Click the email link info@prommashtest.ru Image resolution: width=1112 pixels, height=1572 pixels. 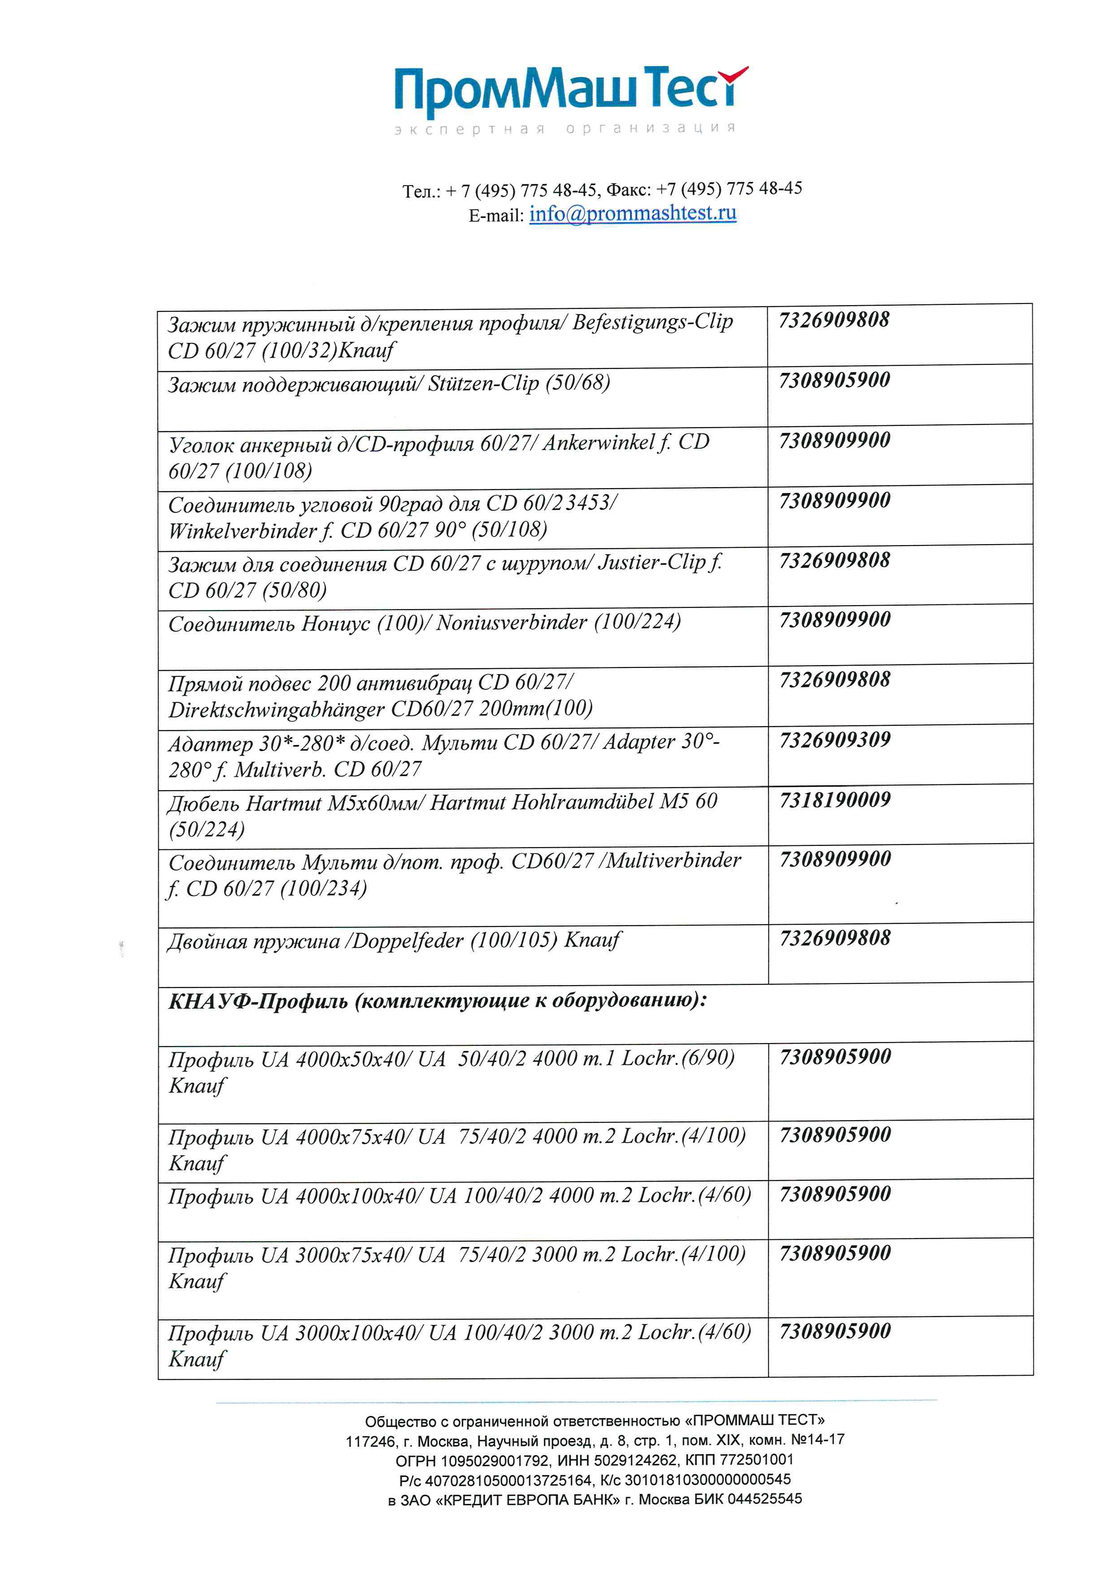pyautogui.click(x=633, y=214)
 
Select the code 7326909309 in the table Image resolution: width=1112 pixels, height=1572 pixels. pyautogui.click(x=835, y=740)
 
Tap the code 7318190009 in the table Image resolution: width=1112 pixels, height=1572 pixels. pyautogui.click(x=835, y=800)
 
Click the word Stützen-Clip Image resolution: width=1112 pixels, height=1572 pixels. pyautogui.click(x=483, y=383)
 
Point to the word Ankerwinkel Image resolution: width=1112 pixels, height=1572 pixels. pyautogui.click(x=599, y=443)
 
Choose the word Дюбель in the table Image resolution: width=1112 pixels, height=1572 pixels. pyautogui.click(x=203, y=803)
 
